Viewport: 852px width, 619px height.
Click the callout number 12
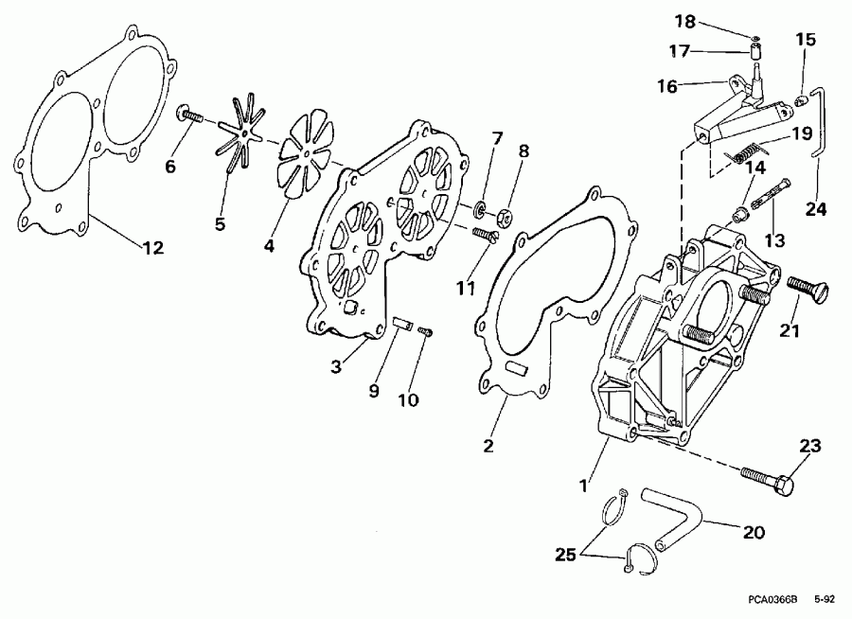151,248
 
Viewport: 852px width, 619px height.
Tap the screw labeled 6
189,116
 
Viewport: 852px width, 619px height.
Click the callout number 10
407,399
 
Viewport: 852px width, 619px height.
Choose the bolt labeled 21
806,288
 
